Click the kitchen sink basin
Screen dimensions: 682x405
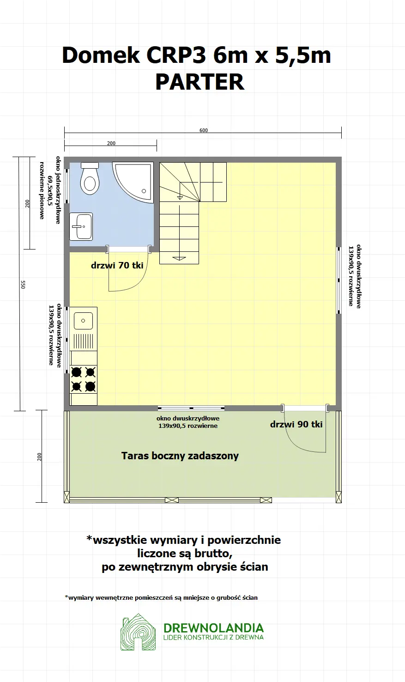84,320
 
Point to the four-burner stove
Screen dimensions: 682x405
84,379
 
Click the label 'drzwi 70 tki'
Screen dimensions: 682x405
117,266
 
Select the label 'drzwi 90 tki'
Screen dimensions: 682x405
296,424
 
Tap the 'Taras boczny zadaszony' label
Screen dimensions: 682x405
180,456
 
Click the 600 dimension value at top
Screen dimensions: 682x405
204,130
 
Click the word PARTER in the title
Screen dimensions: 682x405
199,82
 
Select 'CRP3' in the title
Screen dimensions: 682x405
176,55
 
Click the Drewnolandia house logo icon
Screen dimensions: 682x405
138,632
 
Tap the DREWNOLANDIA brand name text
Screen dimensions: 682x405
213,628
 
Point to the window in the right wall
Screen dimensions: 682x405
339,276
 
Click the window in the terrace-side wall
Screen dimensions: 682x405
191,408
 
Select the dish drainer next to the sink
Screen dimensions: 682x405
84,341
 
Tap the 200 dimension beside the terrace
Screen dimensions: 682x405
39,457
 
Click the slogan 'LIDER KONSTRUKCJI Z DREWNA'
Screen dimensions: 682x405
213,638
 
